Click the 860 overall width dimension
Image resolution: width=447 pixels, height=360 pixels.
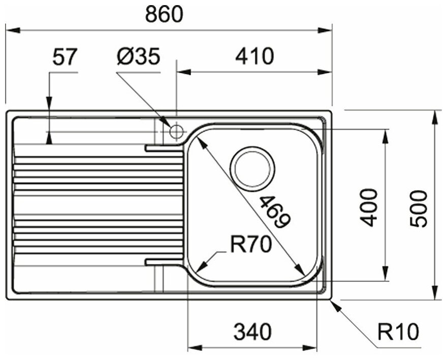(164, 15)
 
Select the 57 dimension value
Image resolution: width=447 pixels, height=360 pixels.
(65, 57)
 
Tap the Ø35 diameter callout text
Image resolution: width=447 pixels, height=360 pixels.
(138, 57)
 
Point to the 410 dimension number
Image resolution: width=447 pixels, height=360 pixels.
(254, 56)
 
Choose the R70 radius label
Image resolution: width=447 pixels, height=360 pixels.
(250, 246)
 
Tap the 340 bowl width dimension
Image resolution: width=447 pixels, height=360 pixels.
(252, 333)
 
